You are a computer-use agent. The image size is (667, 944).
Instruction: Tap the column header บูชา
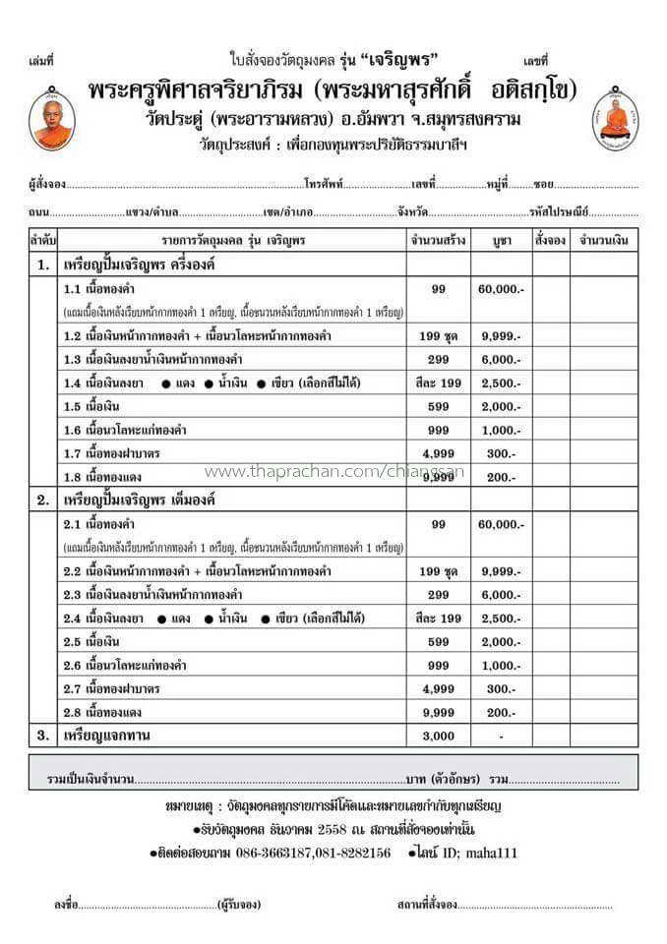[x=501, y=240]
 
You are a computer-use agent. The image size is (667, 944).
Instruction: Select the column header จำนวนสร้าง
[x=438, y=240]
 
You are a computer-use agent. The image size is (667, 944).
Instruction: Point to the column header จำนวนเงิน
[x=604, y=240]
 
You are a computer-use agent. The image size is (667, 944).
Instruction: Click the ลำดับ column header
[x=43, y=240]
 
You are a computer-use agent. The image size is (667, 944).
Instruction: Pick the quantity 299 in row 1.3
[x=438, y=359]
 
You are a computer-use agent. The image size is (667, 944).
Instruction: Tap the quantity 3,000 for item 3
[x=438, y=735]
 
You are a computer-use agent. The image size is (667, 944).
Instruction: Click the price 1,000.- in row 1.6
[x=501, y=430]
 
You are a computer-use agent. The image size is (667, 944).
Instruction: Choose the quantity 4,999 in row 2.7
[x=438, y=688]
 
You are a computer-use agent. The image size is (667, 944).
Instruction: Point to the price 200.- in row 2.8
[x=501, y=712]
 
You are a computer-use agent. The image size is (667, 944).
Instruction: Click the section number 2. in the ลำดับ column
[x=43, y=500]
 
